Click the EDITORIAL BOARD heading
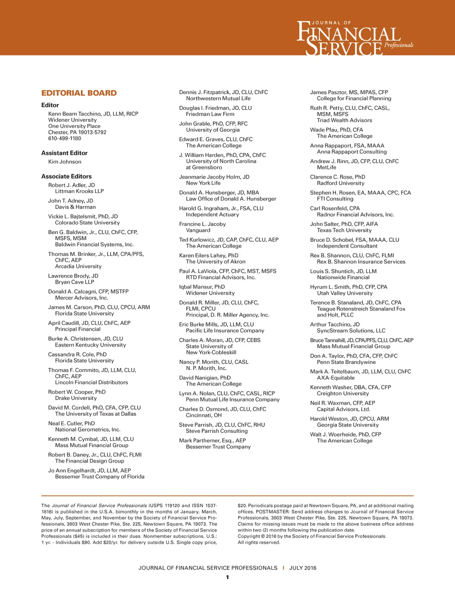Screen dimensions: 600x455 coord(79,93)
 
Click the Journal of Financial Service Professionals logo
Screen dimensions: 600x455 coord(355,38)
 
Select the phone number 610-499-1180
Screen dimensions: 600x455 coord(65,139)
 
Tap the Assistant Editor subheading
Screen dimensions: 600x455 coord(64,153)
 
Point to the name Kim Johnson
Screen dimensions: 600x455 coord(65,162)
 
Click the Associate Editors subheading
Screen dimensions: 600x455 coord(66,176)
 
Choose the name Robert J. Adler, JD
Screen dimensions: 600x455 coord(72,185)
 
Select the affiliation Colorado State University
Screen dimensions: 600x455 coord(88,223)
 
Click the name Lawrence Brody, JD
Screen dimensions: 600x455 coord(73,276)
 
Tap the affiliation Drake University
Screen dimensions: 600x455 coord(76,398)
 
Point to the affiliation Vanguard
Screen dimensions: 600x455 coord(198,230)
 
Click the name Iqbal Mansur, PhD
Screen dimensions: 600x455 coord(202,287)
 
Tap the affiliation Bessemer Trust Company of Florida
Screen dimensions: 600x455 coord(100,477)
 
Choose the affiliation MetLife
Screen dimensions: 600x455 coord(327,168)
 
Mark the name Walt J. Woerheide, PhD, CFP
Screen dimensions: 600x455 coord(346,435)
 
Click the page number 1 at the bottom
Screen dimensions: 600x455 coord(227,577)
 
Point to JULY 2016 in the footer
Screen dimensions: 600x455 coord(303,568)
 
